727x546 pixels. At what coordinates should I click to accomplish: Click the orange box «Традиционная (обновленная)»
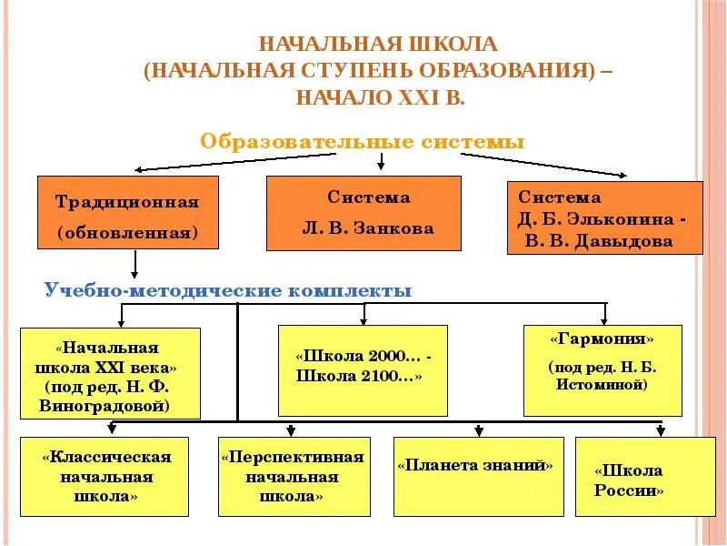click(128, 213)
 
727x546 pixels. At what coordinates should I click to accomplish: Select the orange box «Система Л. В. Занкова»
click(363, 213)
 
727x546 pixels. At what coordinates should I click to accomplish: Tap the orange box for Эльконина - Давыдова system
click(604, 217)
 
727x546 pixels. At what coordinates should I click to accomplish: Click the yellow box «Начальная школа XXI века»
click(110, 373)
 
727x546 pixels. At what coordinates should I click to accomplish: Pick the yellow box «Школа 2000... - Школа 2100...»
click(363, 369)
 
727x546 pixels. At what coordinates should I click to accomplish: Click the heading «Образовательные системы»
click(363, 142)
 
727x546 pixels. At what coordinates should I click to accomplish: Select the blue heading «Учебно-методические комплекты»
click(228, 290)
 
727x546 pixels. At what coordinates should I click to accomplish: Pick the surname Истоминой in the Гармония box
click(602, 386)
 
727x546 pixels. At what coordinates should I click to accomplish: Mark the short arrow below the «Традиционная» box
click(134, 264)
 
